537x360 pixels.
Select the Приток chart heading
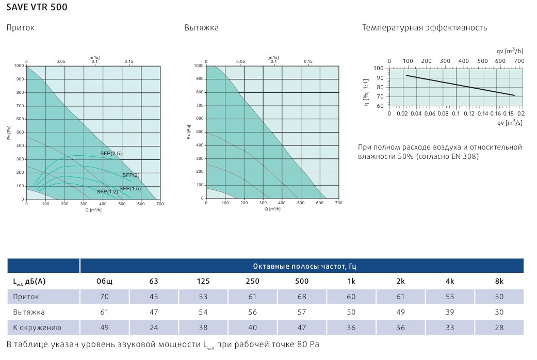(20, 28)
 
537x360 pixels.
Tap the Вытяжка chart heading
(201, 28)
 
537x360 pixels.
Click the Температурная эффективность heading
(424, 28)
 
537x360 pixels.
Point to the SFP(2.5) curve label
(111, 154)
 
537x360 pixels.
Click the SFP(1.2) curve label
(107, 191)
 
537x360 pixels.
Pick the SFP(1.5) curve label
(130, 188)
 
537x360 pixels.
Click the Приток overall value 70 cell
(104, 297)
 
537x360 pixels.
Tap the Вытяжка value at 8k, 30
(499, 312)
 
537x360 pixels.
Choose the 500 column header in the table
(302, 281)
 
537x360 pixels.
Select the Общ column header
(104, 281)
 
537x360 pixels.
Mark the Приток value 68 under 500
(302, 297)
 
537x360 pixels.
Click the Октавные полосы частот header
(305, 266)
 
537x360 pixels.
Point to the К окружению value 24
(154, 328)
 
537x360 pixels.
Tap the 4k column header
(450, 281)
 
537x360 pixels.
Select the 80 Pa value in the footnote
(307, 344)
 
